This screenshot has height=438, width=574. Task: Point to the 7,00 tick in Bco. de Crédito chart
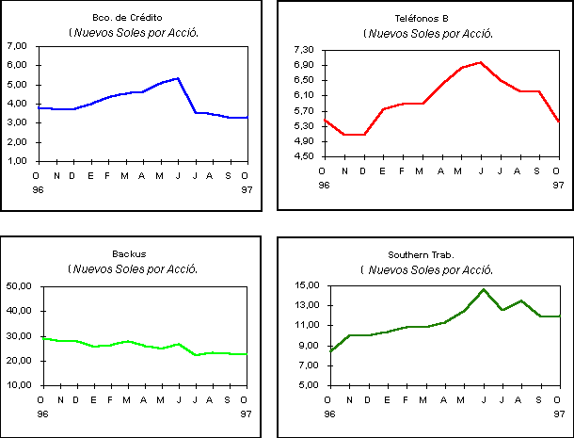(x=17, y=45)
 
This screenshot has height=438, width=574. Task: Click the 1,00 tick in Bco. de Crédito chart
(x=17, y=161)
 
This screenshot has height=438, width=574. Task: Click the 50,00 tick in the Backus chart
(x=19, y=285)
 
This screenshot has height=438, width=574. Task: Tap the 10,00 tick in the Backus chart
(x=19, y=385)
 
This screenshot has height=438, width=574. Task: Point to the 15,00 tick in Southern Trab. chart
(x=308, y=285)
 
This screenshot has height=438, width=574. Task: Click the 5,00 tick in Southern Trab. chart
(x=310, y=385)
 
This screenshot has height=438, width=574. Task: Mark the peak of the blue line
(x=178, y=78)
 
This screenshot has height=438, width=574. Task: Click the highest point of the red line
(x=481, y=62)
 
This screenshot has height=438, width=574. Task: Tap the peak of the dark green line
(x=484, y=289)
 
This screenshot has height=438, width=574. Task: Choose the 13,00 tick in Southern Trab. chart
(x=308, y=305)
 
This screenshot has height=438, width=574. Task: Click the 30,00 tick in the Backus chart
(x=19, y=335)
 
